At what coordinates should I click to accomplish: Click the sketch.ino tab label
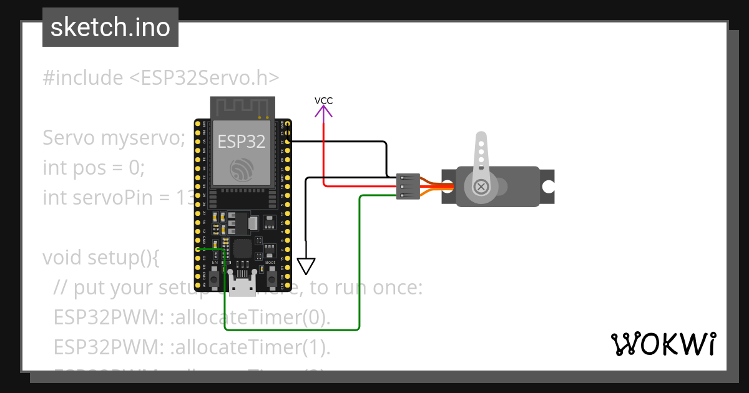point(110,27)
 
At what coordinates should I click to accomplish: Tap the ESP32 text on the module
point(241,141)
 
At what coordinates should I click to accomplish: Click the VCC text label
point(323,100)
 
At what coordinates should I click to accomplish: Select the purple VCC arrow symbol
point(323,112)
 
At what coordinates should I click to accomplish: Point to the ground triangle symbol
point(306,266)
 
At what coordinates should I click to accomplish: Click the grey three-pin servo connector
point(408,187)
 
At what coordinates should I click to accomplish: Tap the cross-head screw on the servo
point(481,187)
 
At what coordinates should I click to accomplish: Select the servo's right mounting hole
point(547,187)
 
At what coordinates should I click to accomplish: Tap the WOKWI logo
point(663,344)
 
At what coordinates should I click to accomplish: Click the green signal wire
point(360,262)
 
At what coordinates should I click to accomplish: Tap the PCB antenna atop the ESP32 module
point(242,108)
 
